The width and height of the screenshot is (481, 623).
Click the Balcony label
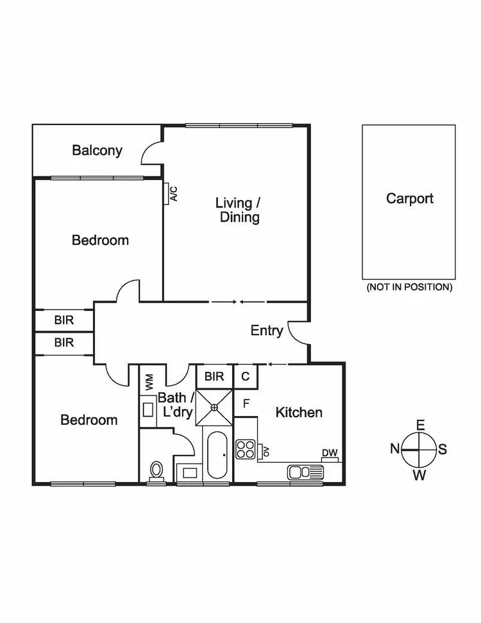[97, 151]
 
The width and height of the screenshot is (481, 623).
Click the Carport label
[409, 199]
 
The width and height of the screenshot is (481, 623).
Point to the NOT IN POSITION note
[409, 287]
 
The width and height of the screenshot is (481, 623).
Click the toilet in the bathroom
[156, 470]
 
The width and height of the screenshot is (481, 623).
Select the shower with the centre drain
[214, 406]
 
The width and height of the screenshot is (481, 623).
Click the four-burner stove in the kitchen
[246, 449]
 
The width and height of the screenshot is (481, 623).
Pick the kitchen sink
[305, 472]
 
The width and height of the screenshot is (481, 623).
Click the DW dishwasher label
[330, 453]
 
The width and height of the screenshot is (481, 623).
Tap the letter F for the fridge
[246, 404]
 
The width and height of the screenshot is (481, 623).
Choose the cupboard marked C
[245, 377]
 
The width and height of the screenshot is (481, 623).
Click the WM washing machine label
[149, 382]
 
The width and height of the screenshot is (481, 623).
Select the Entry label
[266, 331]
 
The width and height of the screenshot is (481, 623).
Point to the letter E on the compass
[421, 425]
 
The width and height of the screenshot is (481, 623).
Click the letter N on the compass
[395, 449]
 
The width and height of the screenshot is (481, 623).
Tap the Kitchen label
[299, 412]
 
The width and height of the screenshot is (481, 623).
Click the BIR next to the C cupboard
[214, 376]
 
